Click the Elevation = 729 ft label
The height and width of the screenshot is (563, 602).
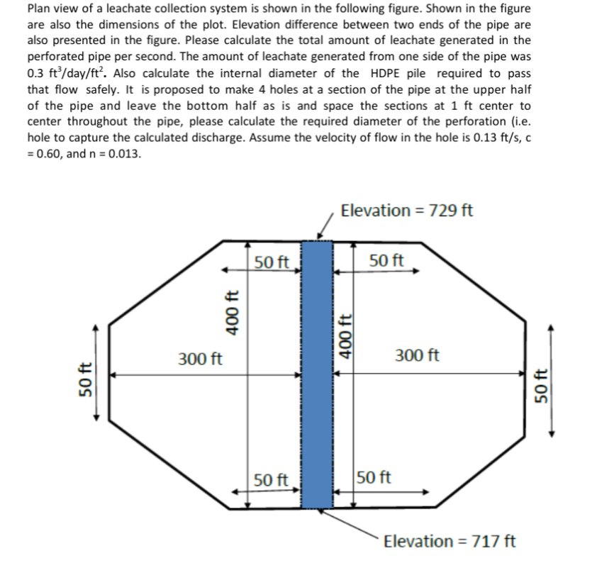pyautogui.click(x=407, y=211)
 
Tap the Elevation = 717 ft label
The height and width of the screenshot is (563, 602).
pyautogui.click(x=450, y=542)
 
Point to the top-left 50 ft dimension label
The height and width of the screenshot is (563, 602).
pyautogui.click(x=272, y=262)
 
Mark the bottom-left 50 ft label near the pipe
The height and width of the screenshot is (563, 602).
pyautogui.click(x=272, y=480)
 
